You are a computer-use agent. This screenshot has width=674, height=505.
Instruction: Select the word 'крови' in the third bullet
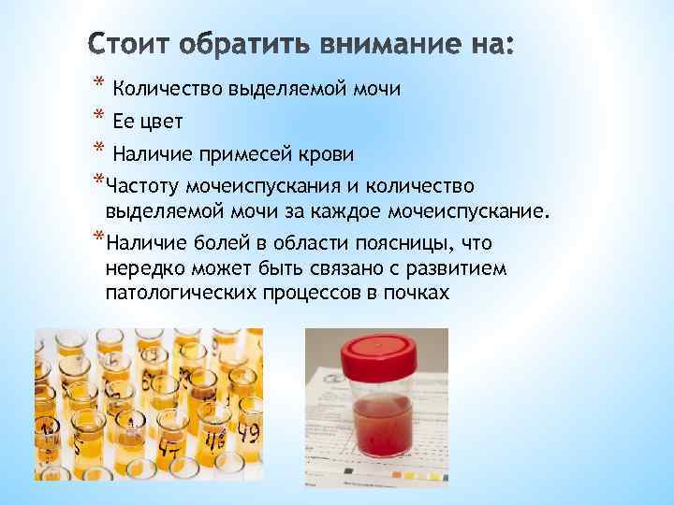click(328, 152)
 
